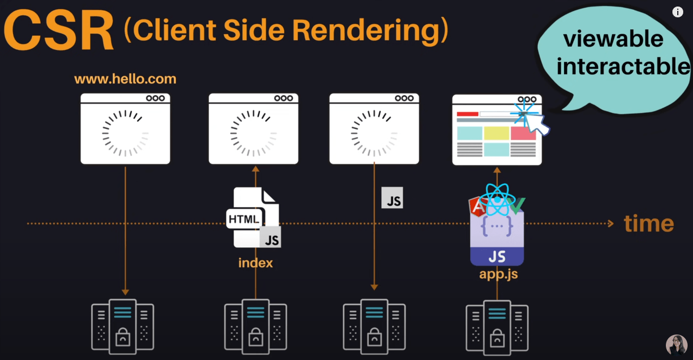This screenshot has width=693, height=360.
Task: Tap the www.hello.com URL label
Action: [125, 79]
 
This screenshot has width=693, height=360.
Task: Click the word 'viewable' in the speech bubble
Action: [613, 38]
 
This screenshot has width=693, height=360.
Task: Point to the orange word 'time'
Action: [649, 223]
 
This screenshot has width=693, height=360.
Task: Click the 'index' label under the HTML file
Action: [255, 263]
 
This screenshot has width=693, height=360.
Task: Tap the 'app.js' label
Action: [498, 274]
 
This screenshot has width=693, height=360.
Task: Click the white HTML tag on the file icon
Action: [244, 219]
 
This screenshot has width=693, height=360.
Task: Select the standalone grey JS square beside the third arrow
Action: [392, 198]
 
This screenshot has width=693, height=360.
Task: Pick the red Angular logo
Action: [477, 207]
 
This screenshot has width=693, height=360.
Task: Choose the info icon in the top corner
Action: [678, 12]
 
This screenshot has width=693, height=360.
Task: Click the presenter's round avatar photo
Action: [676, 345]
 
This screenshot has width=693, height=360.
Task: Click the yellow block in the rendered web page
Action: [496, 133]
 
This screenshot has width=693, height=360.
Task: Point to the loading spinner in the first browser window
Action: [125, 133]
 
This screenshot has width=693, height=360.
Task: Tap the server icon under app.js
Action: [497, 325]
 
